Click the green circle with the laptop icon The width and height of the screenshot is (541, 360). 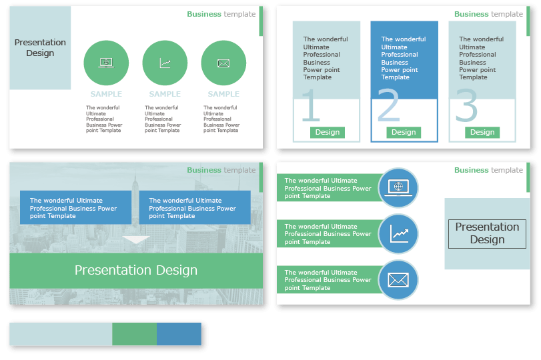coord(106,63)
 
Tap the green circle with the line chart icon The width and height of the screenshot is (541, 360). coord(165,63)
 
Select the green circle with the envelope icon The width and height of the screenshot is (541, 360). coord(223,63)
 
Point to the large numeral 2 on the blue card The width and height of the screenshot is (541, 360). coord(388,106)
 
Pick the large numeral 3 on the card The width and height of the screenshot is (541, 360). coord(466,106)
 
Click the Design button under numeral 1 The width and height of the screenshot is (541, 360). coord(327,132)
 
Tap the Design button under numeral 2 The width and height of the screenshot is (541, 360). coord(404,132)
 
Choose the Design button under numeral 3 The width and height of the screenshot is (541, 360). coord(482,132)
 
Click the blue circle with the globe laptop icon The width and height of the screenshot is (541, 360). coord(398,188)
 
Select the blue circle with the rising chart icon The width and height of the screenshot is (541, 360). coord(398,234)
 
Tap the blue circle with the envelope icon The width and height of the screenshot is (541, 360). coord(398,280)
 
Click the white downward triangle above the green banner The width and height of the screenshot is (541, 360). coord(137,241)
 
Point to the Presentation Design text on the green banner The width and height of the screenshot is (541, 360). coord(136,270)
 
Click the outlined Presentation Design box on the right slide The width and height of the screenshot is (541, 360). coord(487,233)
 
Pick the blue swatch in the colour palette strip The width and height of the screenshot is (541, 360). coord(179,334)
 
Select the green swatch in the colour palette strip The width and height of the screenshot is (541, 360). coord(134,334)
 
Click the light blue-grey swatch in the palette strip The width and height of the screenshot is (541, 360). coord(61,334)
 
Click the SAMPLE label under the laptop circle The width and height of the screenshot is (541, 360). coord(106,94)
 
